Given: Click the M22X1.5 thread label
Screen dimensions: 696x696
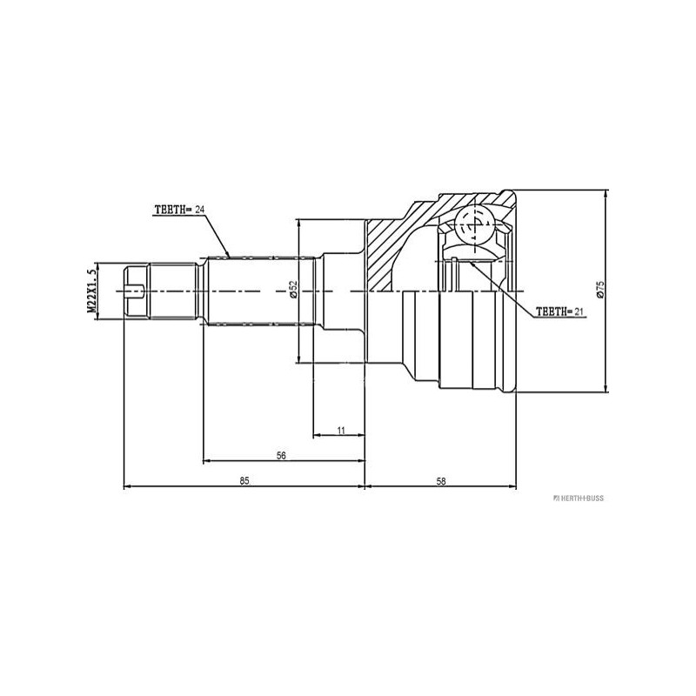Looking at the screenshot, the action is pos(92,291).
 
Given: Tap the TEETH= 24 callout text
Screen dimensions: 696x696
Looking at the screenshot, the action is pos(179,210).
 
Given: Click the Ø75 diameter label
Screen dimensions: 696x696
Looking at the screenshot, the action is pos(600,289).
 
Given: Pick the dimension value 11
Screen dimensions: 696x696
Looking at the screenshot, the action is pos(341,430).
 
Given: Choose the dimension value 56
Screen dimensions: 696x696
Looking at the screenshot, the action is pos(281,455).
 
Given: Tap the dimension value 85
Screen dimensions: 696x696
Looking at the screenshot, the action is pos(244,481).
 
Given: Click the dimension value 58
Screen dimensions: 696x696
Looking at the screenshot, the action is pos(441,481).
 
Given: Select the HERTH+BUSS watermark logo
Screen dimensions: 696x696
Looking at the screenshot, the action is pos(579,498).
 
